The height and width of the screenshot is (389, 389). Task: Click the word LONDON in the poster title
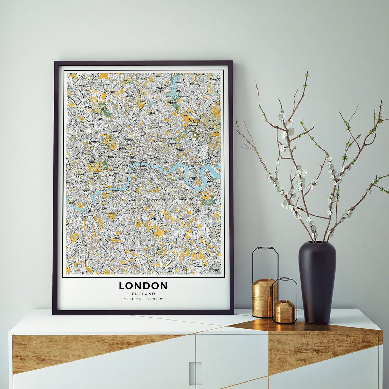click(x=143, y=286)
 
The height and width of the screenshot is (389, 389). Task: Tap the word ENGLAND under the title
click(x=143, y=294)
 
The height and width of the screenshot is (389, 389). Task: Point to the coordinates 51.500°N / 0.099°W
click(x=143, y=299)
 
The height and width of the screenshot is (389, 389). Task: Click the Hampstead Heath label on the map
click(x=103, y=109)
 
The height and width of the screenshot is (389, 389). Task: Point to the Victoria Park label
click(x=184, y=133)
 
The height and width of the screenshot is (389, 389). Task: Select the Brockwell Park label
click(x=138, y=222)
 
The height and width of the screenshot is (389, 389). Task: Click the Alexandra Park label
click(x=126, y=79)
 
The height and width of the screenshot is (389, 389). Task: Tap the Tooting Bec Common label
click(x=116, y=237)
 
